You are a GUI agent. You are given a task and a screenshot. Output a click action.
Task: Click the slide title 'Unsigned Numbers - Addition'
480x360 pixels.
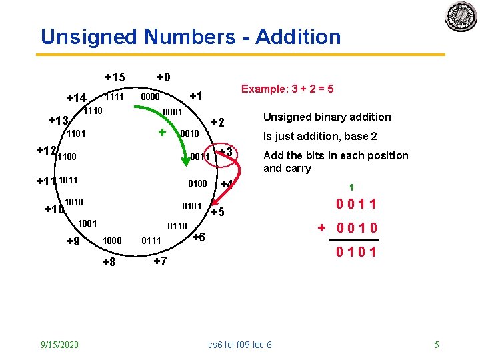[x=191, y=37]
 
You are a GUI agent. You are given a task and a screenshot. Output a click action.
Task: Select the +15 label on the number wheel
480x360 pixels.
[x=115, y=77]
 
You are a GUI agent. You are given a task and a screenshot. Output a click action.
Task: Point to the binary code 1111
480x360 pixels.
[x=115, y=97]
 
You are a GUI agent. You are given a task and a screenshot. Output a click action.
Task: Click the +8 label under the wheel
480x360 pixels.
[x=109, y=262]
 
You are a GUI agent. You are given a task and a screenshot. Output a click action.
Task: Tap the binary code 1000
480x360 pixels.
[x=111, y=240]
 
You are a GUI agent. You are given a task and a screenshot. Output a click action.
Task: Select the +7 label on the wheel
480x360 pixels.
[x=160, y=261]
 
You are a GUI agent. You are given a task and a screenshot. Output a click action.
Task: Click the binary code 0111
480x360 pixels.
[x=151, y=240]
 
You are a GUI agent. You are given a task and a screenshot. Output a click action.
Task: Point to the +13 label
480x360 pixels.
[x=59, y=121]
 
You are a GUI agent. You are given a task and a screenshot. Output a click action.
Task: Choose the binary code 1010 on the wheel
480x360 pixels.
[x=74, y=201]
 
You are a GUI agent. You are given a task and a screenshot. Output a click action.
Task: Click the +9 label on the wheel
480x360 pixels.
[x=75, y=241]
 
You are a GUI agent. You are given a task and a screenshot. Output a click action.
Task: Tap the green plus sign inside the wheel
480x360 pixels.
[x=161, y=132]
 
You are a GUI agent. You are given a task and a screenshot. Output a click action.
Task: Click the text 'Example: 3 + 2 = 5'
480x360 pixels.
[x=287, y=89]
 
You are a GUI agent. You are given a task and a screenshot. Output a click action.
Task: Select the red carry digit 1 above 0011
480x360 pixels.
[x=351, y=188]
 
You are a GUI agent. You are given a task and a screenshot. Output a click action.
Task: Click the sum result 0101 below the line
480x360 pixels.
[x=356, y=251]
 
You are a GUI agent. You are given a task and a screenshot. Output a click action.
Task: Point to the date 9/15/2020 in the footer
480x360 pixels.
[x=59, y=345]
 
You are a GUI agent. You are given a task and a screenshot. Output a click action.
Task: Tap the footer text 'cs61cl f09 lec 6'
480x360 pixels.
[x=240, y=345]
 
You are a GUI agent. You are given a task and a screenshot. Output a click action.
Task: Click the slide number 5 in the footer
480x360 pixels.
[x=437, y=345]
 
